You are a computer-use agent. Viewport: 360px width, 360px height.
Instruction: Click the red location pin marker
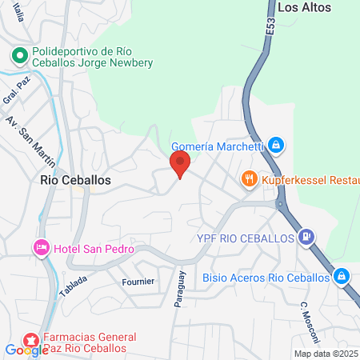(x=180, y=165)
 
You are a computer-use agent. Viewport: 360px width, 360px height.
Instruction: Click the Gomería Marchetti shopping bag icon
(x=275, y=145)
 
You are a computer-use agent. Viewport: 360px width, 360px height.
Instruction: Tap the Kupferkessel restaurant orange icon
(x=250, y=179)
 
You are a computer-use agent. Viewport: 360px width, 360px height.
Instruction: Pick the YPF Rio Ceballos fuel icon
(x=305, y=236)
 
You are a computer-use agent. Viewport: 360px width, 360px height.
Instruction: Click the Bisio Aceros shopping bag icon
(x=341, y=276)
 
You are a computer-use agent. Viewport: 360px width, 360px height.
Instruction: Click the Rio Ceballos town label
(x=75, y=181)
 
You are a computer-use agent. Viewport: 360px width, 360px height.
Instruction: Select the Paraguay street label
(x=182, y=287)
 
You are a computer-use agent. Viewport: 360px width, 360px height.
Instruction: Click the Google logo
(x=26, y=350)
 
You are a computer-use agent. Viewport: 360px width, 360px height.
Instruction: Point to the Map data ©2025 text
(x=326, y=354)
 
